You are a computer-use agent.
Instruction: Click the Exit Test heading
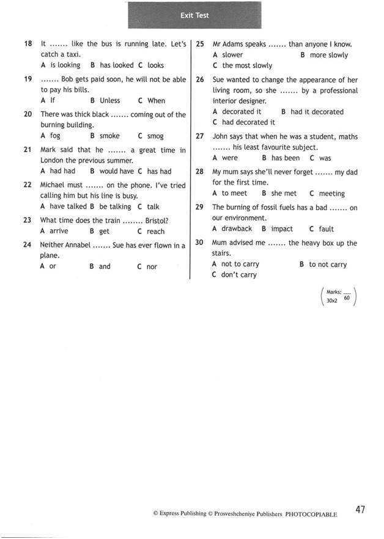pos(194,15)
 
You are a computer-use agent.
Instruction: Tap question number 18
pos(28,44)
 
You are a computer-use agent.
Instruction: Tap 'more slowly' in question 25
pos(328,55)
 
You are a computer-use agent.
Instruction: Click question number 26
pos(200,80)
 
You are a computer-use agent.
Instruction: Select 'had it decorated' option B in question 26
pos(317,112)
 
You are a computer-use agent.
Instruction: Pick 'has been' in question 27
pos(286,158)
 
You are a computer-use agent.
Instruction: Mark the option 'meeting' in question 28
pos(331,193)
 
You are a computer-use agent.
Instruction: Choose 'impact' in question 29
pos(282,229)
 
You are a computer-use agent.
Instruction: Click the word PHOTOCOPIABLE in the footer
pos(311,515)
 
